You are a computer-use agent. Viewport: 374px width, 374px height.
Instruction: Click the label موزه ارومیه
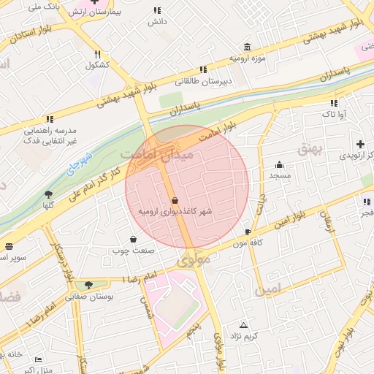[245, 57]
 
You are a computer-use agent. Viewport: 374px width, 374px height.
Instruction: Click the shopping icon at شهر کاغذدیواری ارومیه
[174, 200]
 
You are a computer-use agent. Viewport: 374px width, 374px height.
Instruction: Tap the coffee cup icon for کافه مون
[248, 232]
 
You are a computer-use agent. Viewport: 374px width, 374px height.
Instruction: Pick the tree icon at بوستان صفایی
[88, 286]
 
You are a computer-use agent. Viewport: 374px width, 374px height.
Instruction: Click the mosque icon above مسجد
[279, 164]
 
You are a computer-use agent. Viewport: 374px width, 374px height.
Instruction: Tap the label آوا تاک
[335, 115]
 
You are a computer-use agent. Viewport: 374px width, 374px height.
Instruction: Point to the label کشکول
[97, 64]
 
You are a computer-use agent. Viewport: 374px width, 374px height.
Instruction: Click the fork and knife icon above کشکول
[97, 53]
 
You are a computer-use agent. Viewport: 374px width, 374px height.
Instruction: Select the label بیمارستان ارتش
[118, 13]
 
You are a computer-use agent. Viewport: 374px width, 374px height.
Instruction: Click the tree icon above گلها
[48, 195]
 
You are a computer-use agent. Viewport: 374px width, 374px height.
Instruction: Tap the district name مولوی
[193, 259]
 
